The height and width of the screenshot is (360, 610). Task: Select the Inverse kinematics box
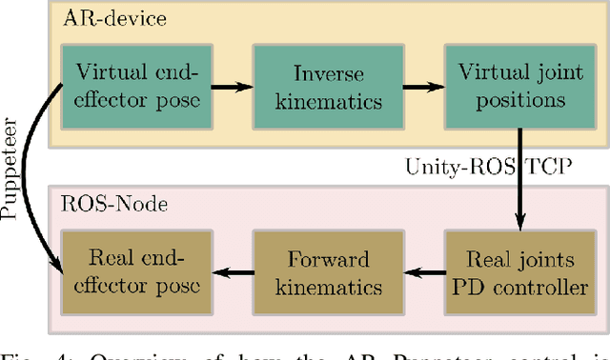tap(322, 85)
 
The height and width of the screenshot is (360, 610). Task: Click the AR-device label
tap(102, 19)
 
